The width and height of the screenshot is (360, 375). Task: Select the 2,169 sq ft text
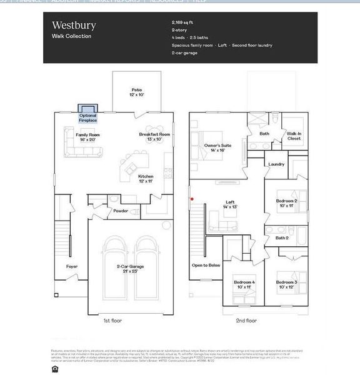(x=183, y=22)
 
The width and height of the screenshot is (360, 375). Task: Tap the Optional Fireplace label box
(x=88, y=116)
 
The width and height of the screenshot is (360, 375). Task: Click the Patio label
(x=137, y=92)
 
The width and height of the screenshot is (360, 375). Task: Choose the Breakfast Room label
(x=155, y=137)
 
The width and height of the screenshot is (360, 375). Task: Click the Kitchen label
(x=146, y=179)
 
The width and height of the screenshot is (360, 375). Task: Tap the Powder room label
(x=121, y=211)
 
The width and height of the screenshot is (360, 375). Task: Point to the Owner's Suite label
(x=217, y=147)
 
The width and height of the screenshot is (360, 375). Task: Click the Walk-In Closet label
(x=294, y=136)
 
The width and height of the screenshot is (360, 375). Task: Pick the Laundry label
(x=276, y=164)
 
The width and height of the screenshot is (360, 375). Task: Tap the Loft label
(x=230, y=204)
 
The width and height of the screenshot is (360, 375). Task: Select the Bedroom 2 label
(x=286, y=203)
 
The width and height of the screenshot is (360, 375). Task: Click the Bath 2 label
(x=282, y=237)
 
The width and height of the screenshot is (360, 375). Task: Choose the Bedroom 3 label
(x=286, y=284)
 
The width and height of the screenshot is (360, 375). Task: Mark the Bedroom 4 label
(x=244, y=284)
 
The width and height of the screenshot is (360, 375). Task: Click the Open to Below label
(x=205, y=265)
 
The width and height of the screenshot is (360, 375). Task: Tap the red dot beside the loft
(x=192, y=199)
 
